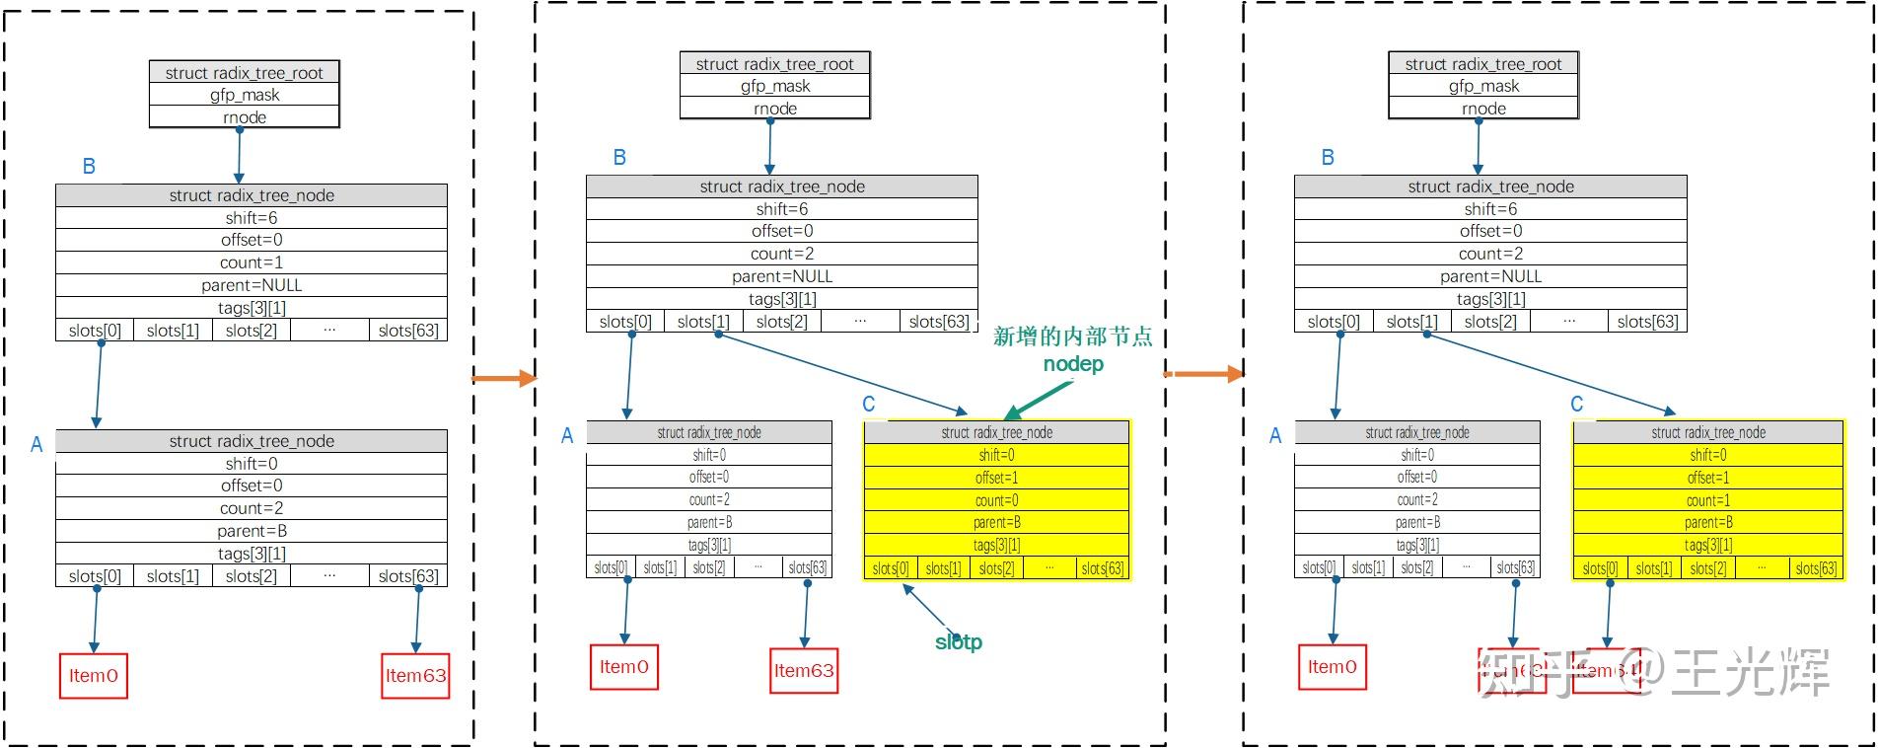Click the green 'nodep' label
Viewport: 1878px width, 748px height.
click(x=1073, y=364)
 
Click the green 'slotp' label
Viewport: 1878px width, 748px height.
click(x=959, y=642)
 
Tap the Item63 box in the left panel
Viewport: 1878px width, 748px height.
click(x=415, y=676)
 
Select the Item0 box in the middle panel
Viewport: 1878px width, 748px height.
click(x=624, y=667)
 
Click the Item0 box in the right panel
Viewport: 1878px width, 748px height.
click(x=1333, y=667)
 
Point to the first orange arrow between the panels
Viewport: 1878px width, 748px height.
click(x=504, y=378)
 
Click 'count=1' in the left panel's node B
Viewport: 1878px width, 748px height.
click(x=252, y=262)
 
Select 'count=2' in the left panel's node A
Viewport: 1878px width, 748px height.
click(x=252, y=508)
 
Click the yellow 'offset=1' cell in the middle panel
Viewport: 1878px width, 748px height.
click(x=996, y=478)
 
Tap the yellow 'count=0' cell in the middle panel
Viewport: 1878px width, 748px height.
click(x=996, y=500)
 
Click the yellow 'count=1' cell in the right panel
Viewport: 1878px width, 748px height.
click(x=1707, y=500)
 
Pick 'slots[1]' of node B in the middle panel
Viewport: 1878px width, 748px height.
click(x=703, y=322)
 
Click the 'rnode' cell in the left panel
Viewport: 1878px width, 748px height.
click(x=245, y=117)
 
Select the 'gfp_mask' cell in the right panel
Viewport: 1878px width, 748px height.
click(x=1483, y=86)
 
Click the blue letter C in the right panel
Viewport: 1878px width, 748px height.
click(x=1576, y=405)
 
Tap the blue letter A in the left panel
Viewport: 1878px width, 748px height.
click(x=36, y=445)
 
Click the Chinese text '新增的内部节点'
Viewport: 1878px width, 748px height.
click(x=1072, y=337)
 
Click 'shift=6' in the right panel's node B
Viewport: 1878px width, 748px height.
click(x=1490, y=209)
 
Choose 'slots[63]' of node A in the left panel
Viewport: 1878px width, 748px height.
click(x=408, y=576)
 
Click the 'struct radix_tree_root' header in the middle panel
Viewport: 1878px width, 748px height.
click(x=774, y=64)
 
